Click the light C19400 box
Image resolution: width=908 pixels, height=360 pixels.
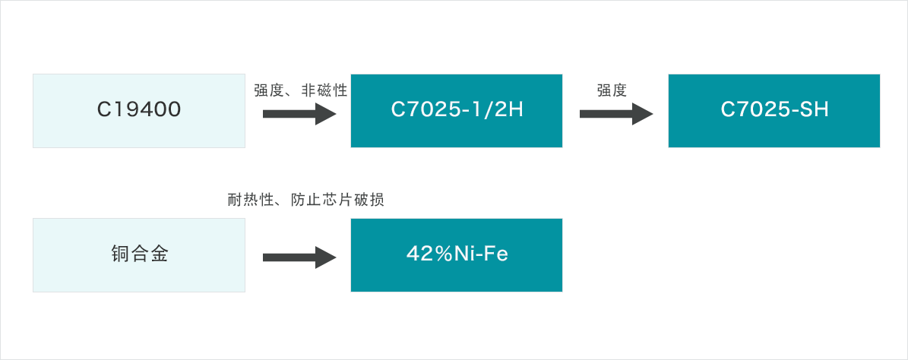pos(139,111)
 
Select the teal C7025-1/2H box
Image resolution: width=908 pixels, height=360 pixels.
pos(457,111)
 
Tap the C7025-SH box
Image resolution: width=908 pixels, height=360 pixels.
pos(774,111)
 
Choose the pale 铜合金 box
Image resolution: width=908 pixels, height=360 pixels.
pos(139,254)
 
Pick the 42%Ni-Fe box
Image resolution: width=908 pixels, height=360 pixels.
pos(457,254)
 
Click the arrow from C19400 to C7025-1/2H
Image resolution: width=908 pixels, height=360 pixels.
pos(299,113)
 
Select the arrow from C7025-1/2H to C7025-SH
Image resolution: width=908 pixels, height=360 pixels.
pos(616,113)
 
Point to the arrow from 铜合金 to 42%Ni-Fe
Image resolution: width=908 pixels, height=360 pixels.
pos(299,257)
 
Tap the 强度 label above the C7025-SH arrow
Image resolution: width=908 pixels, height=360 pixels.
pos(612,90)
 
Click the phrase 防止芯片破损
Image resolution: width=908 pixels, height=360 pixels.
pos(339,201)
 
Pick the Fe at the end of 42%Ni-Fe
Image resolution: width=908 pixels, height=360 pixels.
pos(498,254)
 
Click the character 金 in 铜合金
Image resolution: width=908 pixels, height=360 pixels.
pos(158,254)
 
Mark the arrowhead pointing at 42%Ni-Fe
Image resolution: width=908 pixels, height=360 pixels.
pos(325,257)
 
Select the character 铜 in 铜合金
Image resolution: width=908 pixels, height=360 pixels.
pos(120,254)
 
